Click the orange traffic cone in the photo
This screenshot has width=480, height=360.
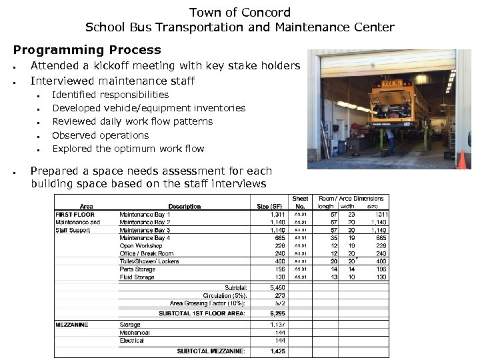click(x=462, y=159)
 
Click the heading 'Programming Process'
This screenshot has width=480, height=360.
click(x=87, y=50)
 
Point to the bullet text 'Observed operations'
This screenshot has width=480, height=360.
click(x=100, y=135)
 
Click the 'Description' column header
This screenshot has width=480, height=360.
click(x=184, y=207)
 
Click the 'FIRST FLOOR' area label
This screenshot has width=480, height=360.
click(x=75, y=215)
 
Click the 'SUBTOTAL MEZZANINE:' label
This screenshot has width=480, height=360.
click(x=211, y=351)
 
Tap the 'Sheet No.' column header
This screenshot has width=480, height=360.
click(x=300, y=203)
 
